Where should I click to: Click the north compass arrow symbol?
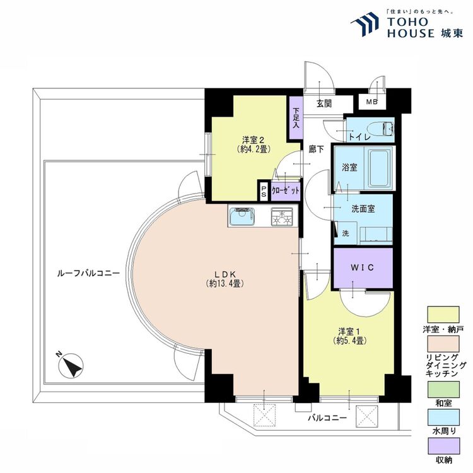[71, 365]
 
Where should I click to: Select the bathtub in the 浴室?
[379, 168]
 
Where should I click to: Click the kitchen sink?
[242, 216]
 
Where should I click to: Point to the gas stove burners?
[282, 216]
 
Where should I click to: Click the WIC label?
[362, 267]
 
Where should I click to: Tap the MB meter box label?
[372, 102]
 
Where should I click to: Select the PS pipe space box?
[264, 191]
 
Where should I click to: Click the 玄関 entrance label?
[324, 104]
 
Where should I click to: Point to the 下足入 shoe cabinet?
[296, 118]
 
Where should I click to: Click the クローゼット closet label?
[286, 190]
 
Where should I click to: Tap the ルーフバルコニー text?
[88, 273]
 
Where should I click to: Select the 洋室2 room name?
[254, 140]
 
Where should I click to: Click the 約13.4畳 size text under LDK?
[225, 283]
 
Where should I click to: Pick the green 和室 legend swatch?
[443, 390]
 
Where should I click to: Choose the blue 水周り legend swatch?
[443, 418]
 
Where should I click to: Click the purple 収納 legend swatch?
[443, 446]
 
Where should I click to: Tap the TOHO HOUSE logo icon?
[365, 24]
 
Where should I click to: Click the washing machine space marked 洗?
[346, 233]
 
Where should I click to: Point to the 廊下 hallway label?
[316, 149]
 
